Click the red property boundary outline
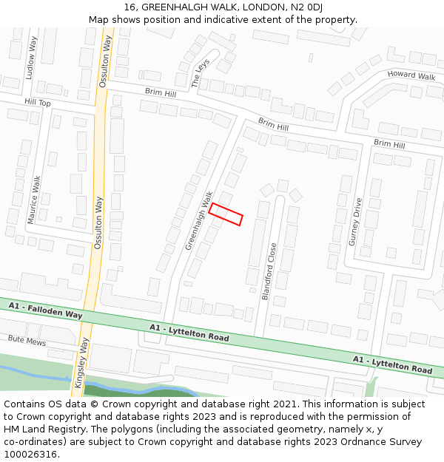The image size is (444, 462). [x=226, y=214]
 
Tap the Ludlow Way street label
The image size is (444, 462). [x=30, y=57]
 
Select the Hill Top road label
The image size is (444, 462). [x=37, y=103]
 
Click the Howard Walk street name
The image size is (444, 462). [x=411, y=75]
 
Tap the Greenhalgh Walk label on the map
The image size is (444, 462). [x=198, y=220]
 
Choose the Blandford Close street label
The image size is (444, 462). [x=269, y=271]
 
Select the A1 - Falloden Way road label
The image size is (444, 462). [x=46, y=310]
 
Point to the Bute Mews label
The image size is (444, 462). [x=27, y=341]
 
